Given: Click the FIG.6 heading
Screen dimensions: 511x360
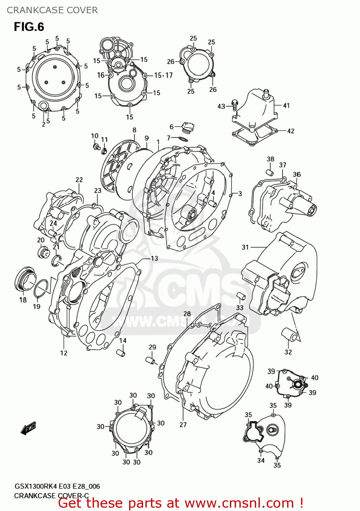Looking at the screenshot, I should point(29,27).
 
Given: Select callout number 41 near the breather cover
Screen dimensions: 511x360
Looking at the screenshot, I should point(286,106).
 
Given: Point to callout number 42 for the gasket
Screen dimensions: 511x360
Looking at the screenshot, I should point(291,131).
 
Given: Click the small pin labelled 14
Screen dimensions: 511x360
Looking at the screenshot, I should point(121,352).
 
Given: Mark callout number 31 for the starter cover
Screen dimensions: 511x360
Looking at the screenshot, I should point(245,247).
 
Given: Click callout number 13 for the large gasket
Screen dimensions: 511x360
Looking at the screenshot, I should point(154,259).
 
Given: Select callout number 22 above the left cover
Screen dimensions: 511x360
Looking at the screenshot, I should point(79,180).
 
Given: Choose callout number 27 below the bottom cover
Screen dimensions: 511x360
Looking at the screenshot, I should point(183,424).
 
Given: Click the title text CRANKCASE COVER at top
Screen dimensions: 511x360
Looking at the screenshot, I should point(52,10).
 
